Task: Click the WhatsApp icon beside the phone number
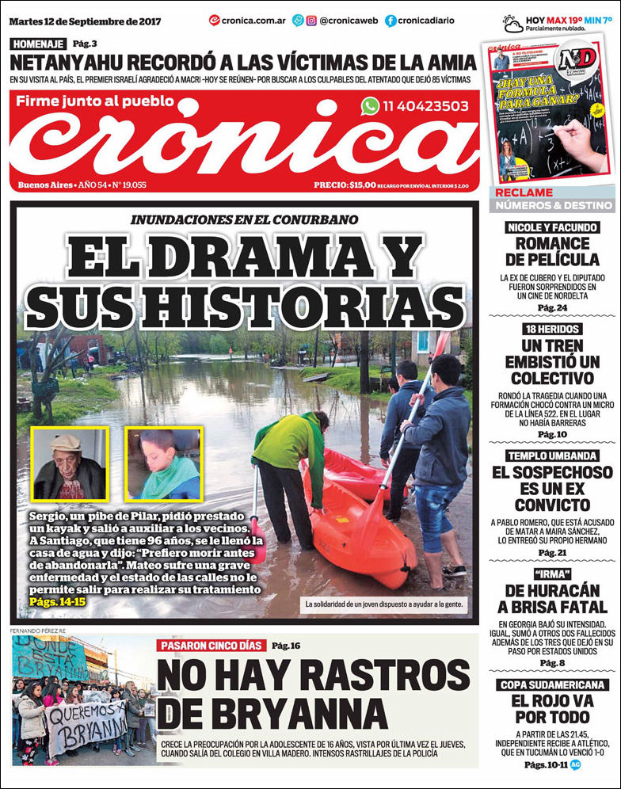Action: [370, 106]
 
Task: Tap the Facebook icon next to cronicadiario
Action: [391, 21]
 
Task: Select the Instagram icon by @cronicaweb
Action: [311, 21]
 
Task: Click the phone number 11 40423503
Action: [425, 106]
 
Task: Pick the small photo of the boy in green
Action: [163, 465]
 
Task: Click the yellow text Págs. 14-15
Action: [57, 603]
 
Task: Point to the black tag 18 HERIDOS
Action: [553, 329]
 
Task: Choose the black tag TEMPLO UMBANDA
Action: [553, 455]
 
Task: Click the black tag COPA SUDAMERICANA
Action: [553, 685]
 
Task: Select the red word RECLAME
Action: [524, 192]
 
